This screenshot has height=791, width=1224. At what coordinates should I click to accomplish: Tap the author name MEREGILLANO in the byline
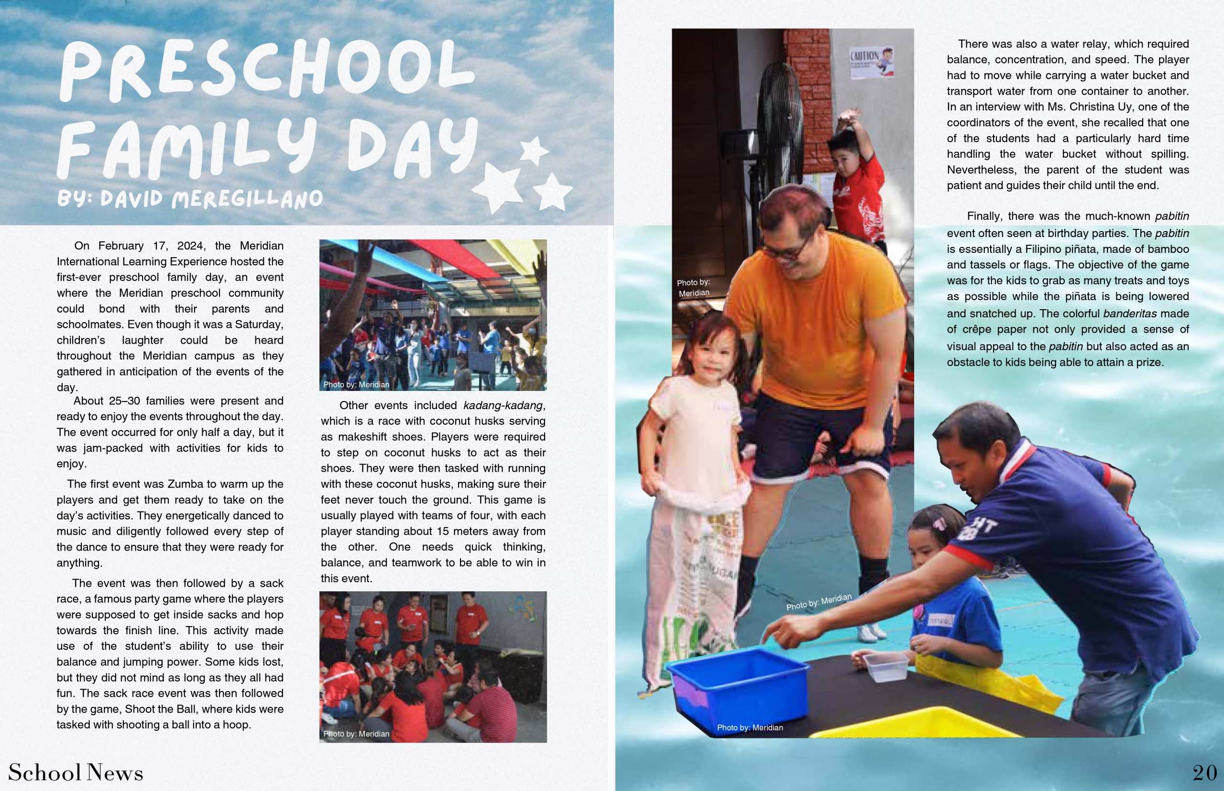[247, 199]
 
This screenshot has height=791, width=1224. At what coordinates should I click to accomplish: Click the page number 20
[1204, 773]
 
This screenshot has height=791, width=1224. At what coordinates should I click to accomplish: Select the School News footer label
[76, 773]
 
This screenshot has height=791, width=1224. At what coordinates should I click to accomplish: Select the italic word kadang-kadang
[503, 406]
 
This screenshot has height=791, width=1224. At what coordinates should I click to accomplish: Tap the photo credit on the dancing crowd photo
[356, 385]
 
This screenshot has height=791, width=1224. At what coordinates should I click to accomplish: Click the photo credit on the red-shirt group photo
[356, 734]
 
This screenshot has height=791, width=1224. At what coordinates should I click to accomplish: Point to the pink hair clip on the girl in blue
[940, 524]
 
